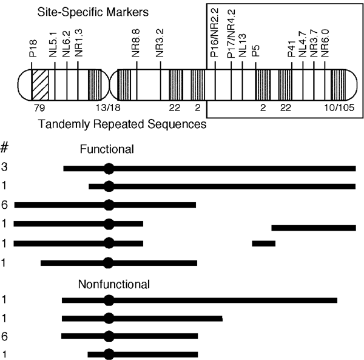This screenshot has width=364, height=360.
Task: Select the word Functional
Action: point(109,149)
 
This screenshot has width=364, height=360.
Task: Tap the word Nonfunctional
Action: point(113,284)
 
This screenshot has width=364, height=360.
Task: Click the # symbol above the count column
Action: point(5,148)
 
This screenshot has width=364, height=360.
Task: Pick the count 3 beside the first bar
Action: point(4,168)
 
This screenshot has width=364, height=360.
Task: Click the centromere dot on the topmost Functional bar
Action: point(109,168)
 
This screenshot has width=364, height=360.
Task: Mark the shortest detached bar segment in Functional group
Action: point(263,243)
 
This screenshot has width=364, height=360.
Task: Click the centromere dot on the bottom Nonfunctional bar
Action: point(109,354)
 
